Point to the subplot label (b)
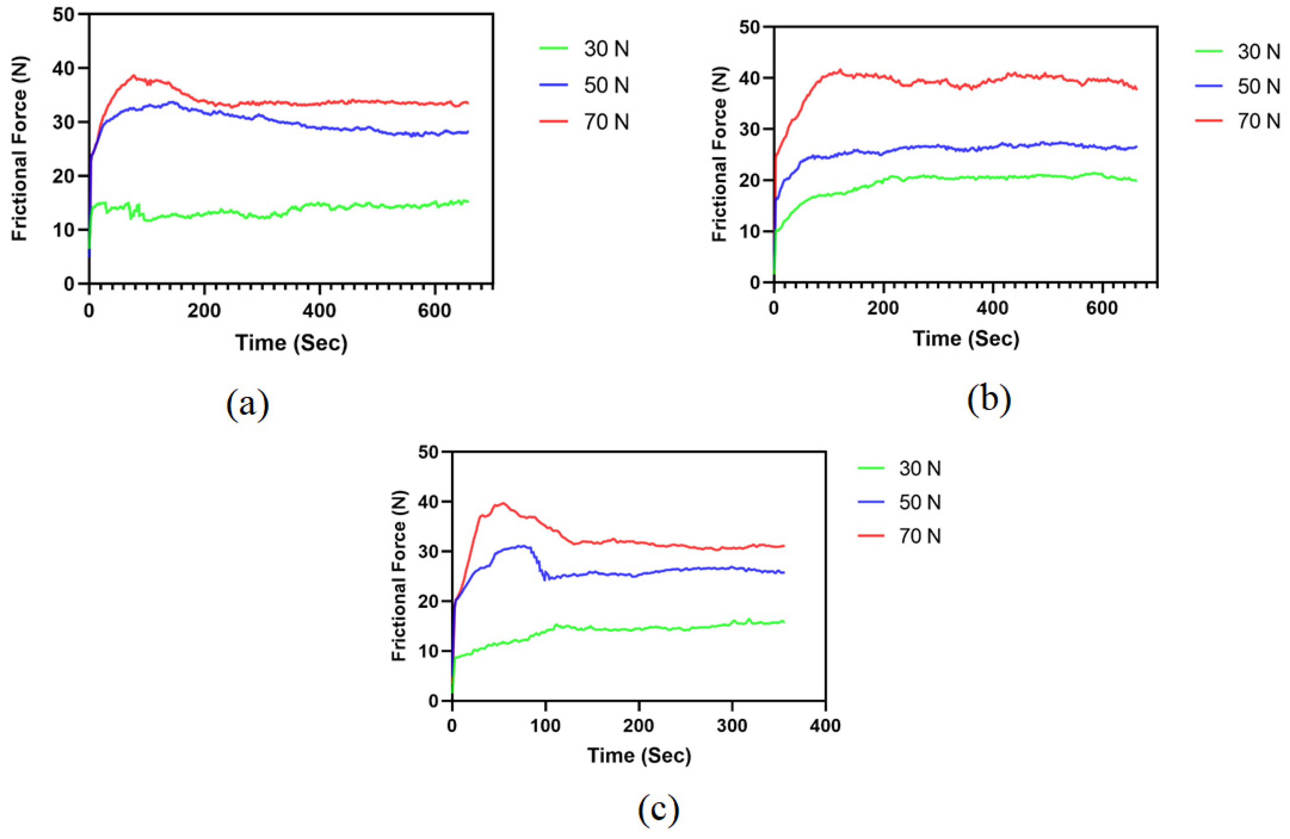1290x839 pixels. pos(989,399)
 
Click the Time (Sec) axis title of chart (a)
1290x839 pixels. pos(291,343)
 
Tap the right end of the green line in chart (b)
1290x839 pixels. pos(1136,180)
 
